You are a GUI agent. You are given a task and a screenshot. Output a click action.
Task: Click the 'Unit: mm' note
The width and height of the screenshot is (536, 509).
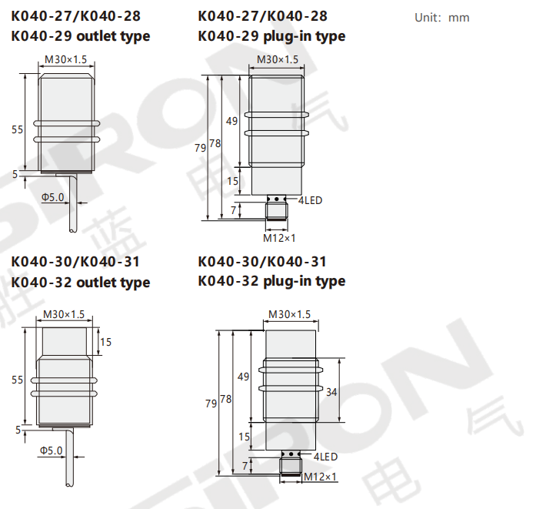[x=441, y=18]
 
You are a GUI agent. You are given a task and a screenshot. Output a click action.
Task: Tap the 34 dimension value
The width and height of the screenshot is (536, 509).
[x=331, y=392]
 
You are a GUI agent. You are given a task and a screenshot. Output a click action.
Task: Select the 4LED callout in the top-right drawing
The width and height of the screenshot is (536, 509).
[x=310, y=200]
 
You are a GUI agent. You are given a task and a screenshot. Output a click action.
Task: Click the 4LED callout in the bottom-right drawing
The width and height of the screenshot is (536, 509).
[x=325, y=457]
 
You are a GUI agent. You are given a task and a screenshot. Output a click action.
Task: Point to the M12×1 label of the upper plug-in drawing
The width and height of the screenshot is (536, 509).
[x=279, y=238]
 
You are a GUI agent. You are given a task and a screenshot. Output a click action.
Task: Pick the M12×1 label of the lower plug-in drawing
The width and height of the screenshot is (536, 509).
[x=320, y=477]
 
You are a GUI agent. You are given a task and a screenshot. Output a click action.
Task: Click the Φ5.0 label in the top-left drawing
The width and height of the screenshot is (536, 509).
[x=52, y=197]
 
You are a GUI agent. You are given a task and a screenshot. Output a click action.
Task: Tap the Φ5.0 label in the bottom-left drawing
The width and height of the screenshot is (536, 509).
[x=52, y=450]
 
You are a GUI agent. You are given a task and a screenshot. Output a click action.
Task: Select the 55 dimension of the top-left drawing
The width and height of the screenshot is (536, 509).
[x=18, y=129]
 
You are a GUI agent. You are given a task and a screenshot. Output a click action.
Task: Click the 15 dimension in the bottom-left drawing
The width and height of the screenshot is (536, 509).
[x=105, y=342]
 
